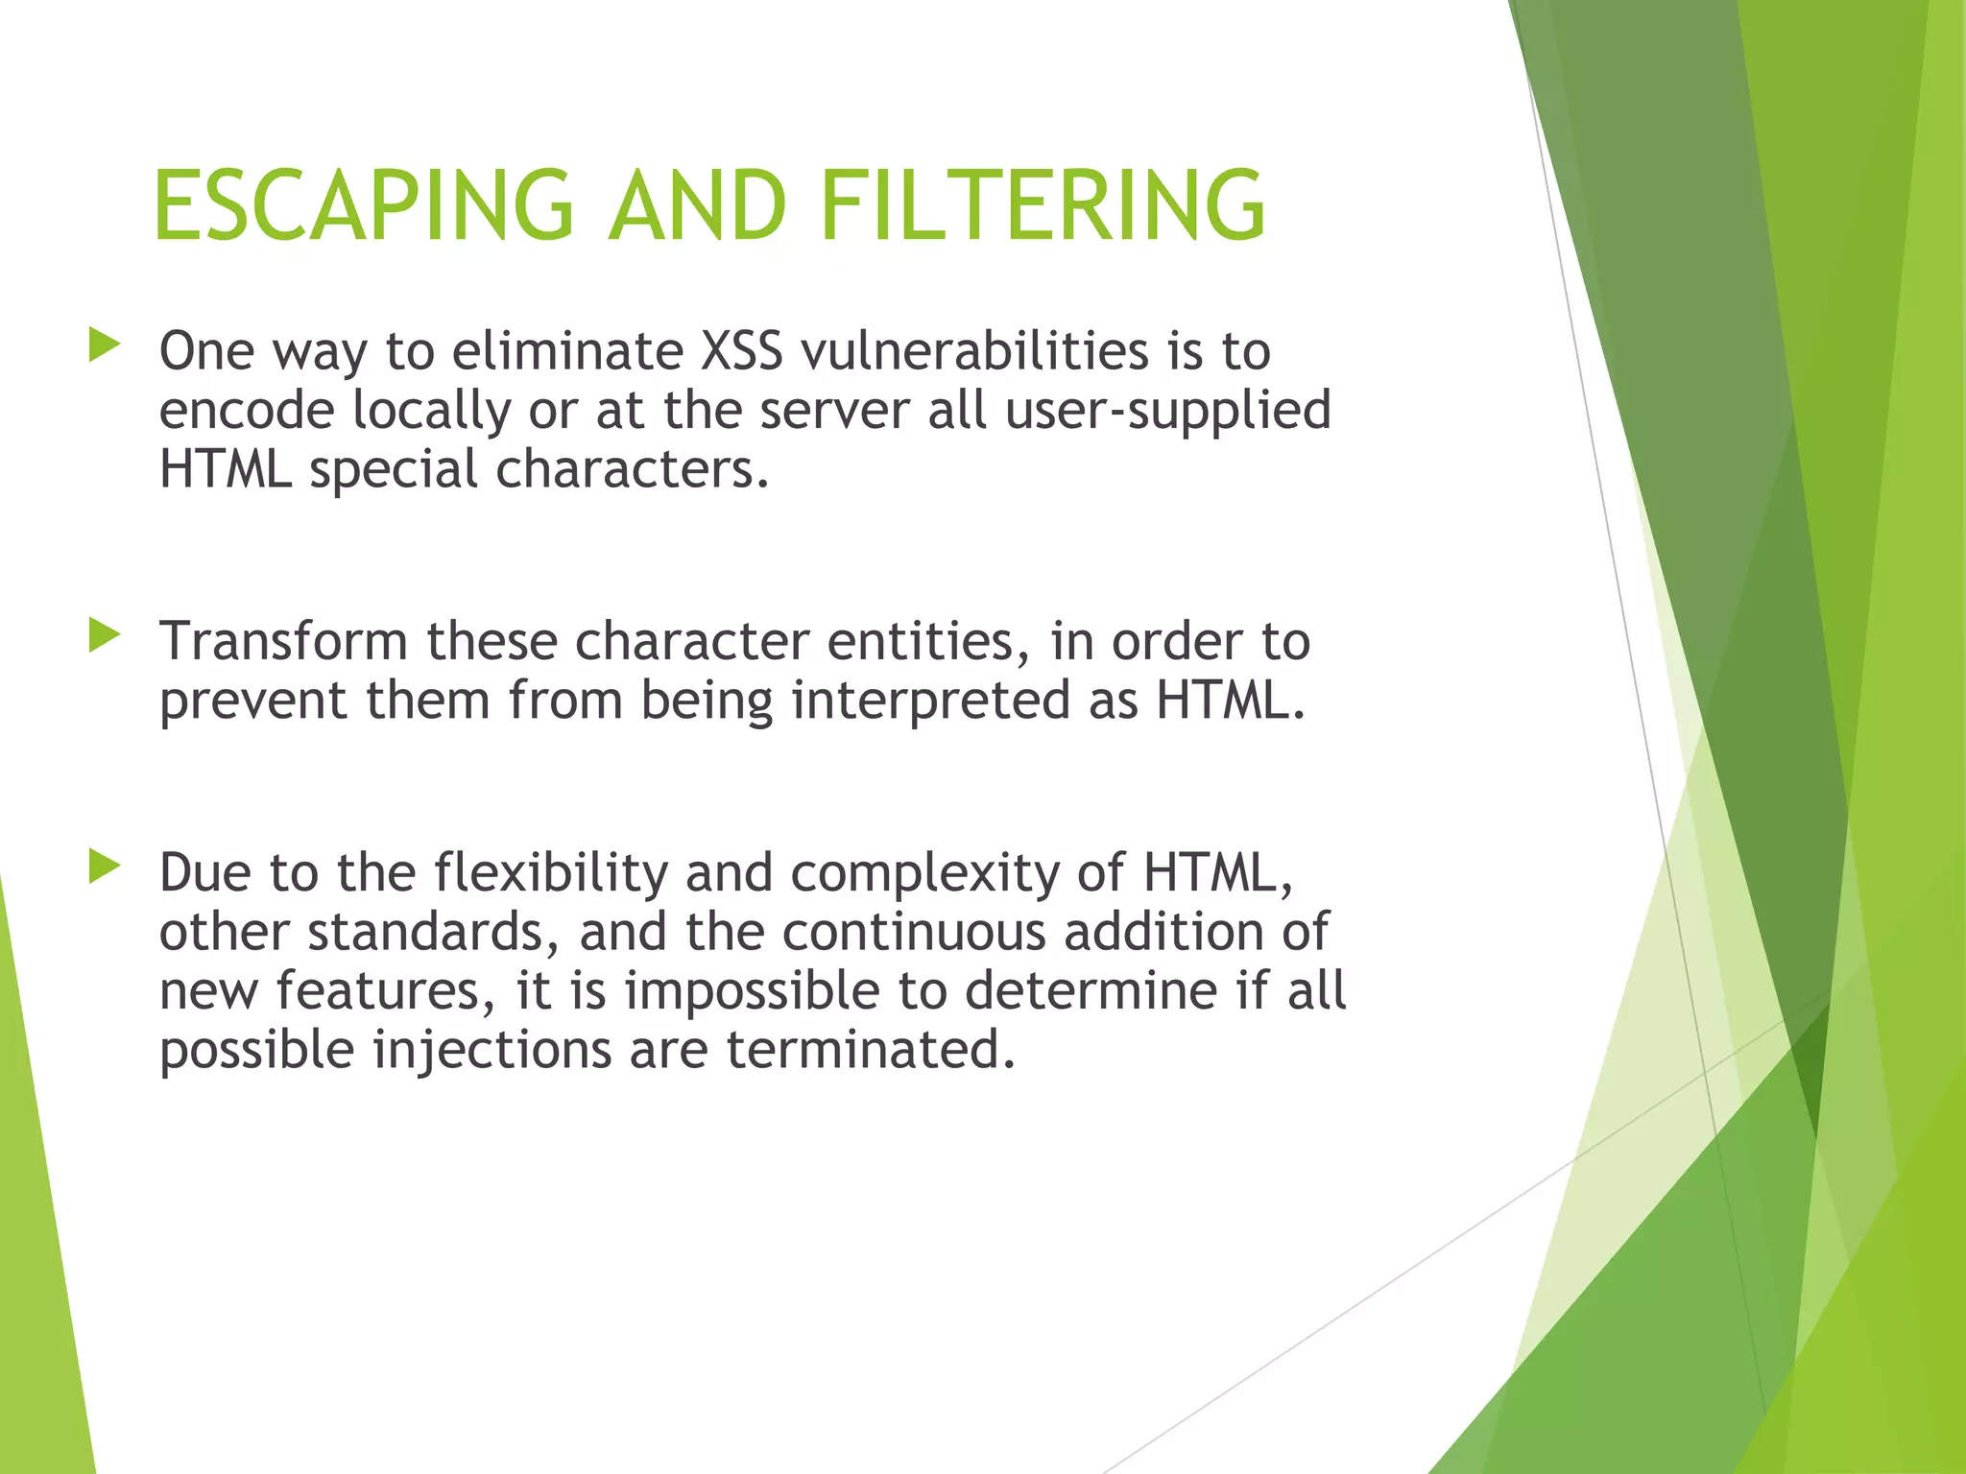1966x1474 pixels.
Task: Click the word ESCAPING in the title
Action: coord(364,205)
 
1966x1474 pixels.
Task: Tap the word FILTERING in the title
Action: coord(1043,205)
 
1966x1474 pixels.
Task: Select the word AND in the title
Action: coord(698,205)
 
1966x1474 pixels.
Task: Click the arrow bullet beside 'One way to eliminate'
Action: coord(104,345)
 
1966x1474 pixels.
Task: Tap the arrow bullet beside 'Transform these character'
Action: coord(104,635)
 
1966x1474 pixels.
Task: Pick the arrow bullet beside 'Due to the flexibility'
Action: coord(104,867)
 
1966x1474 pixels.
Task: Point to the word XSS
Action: coord(741,351)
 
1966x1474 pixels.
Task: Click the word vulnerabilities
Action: coord(974,351)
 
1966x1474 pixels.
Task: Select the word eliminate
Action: coord(566,351)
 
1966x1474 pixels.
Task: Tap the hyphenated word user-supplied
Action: coord(1167,411)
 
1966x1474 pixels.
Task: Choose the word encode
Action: coord(247,411)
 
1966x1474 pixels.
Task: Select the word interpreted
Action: coord(930,701)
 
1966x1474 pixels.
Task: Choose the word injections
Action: coord(491,1051)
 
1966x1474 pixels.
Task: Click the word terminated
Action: coord(871,1051)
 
